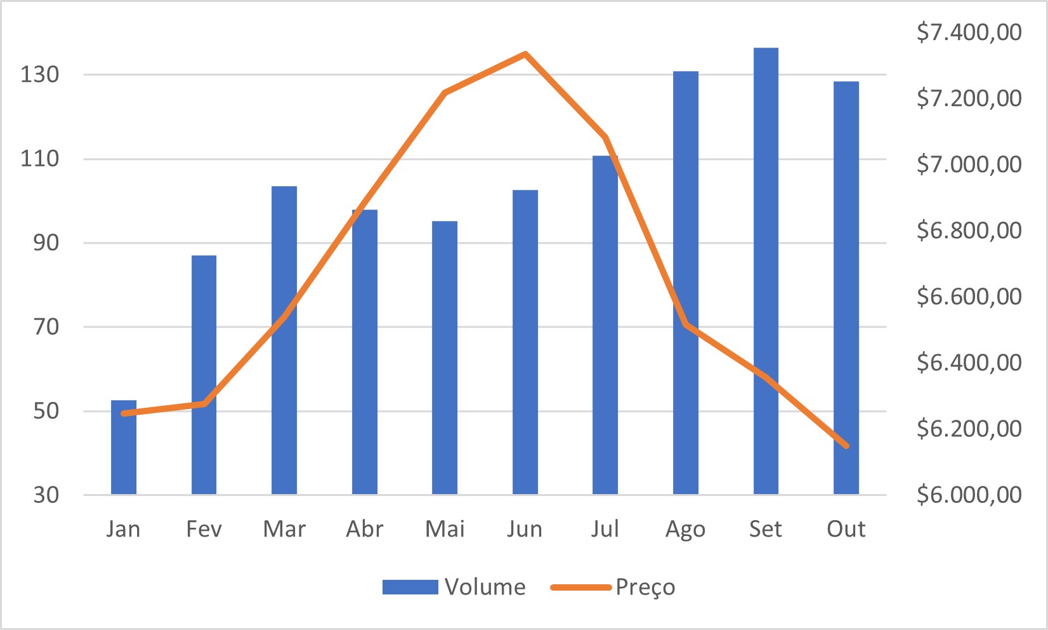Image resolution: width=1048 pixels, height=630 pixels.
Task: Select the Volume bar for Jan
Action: (x=124, y=447)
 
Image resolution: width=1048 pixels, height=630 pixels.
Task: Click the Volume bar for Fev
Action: (x=204, y=375)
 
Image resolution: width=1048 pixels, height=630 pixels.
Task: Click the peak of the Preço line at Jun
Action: (x=525, y=54)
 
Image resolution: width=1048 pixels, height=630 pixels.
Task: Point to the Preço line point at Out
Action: (x=846, y=446)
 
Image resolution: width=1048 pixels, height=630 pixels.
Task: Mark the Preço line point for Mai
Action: (x=445, y=93)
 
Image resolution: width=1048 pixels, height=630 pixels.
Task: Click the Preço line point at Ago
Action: (x=686, y=325)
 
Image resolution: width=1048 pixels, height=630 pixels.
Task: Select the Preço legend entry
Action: (x=613, y=587)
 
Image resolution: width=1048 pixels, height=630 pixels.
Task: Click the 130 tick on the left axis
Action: (x=39, y=74)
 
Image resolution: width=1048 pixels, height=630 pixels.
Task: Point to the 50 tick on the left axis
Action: (x=46, y=411)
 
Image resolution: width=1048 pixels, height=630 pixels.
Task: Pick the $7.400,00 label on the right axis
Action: (x=969, y=32)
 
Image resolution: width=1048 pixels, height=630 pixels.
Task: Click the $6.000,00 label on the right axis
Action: (x=969, y=494)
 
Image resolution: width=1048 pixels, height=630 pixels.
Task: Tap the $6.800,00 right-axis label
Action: (x=969, y=230)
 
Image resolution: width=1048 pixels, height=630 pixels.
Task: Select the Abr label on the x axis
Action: (x=365, y=529)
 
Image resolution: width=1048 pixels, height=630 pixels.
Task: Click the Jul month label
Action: (x=605, y=529)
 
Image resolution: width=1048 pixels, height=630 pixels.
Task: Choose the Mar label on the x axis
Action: (x=284, y=529)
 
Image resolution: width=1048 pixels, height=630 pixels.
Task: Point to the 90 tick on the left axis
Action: (x=46, y=243)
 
